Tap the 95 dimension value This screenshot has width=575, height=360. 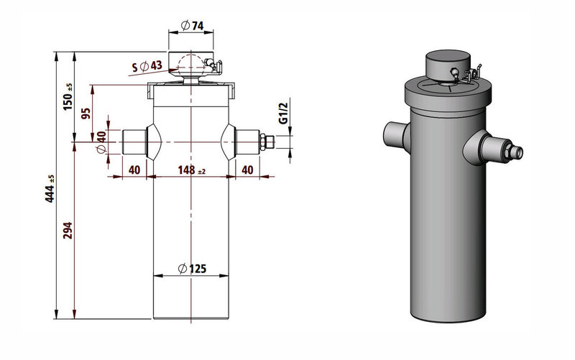(86, 114)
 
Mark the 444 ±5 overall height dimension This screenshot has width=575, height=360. (50, 188)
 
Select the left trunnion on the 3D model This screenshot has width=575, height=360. (395, 132)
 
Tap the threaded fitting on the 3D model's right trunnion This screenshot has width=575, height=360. (515, 152)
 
